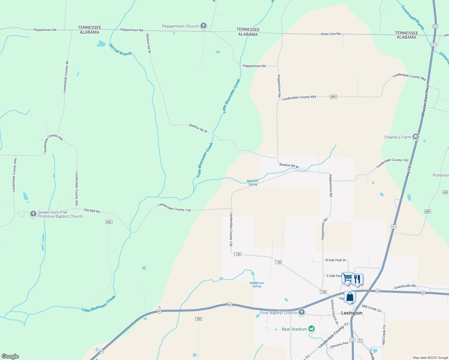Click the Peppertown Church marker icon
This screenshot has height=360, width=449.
203,26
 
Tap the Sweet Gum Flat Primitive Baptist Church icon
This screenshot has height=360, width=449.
33,214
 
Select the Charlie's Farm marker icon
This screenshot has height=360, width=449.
415,137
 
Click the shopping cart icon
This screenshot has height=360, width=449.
347,278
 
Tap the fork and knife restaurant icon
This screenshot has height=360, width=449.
357,279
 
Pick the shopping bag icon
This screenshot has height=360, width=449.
350,297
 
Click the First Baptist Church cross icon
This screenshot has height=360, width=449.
301,312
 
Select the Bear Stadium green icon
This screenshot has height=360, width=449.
312,329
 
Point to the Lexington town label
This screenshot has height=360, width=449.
351,313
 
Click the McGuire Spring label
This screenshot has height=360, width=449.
252,183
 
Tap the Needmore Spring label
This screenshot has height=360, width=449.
257,284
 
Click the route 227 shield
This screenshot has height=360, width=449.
435,26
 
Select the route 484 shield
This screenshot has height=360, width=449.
333,97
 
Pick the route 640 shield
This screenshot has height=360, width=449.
109,222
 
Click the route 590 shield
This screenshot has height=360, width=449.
199,319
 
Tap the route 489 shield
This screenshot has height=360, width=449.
428,211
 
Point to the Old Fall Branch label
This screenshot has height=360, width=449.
120,49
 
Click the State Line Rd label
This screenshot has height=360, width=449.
330,34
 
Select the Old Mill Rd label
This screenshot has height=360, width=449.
92,211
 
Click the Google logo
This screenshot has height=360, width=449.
10,356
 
